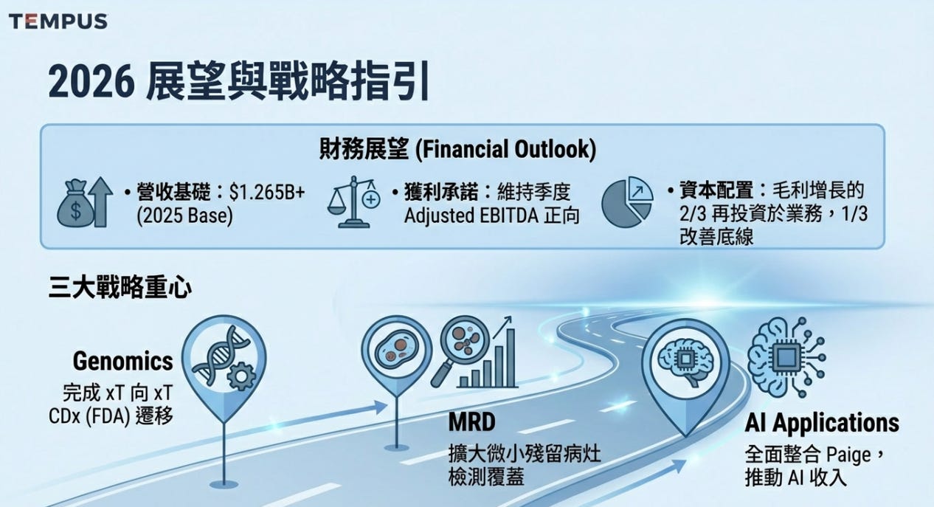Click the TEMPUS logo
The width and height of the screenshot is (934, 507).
coord(58,21)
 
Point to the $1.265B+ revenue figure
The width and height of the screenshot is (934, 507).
coord(267,193)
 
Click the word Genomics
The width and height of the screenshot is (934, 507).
coord(122,361)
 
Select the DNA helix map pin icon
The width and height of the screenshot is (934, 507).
coord(224,362)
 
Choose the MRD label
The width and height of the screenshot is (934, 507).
coord(472,422)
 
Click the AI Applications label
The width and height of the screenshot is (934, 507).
coord(822,423)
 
